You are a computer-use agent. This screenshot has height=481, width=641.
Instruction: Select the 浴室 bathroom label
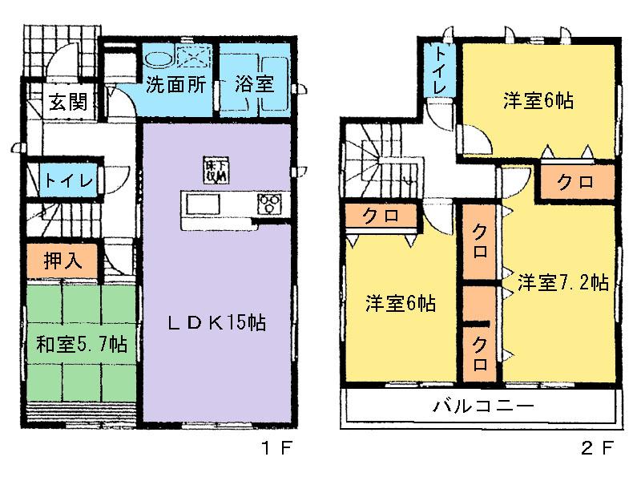coord(255,86)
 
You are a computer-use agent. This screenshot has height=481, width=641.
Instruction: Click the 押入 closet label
coord(60,261)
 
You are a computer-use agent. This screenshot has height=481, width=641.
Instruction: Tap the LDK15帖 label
coord(216,323)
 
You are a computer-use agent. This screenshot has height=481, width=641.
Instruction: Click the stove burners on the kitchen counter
coord(268,204)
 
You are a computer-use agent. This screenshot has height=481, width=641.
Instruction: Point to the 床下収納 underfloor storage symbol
coord(215,171)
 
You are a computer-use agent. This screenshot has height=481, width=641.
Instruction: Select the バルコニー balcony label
coord(483,406)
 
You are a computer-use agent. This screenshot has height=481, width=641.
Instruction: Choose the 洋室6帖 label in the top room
coord(538,101)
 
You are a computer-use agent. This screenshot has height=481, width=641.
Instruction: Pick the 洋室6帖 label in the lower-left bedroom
coord(401,304)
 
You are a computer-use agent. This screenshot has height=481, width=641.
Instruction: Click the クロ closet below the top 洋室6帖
coord(575,182)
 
